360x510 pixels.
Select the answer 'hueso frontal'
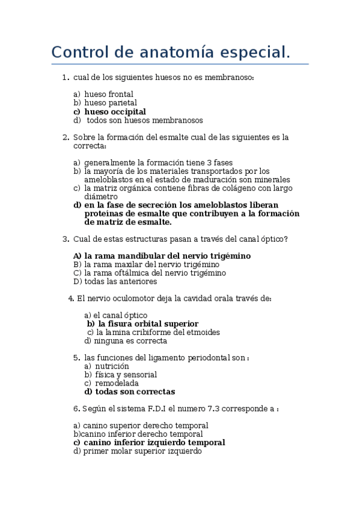109,94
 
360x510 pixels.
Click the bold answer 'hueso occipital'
115,112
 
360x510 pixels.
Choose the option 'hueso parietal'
111,103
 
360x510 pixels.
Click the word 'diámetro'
101,197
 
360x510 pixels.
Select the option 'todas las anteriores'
120,281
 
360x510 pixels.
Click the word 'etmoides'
203,332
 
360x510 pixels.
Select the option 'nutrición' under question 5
106,366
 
